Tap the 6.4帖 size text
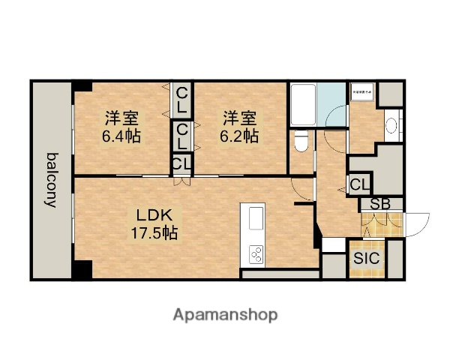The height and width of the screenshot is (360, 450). point(121,136)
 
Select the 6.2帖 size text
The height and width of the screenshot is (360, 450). point(240,136)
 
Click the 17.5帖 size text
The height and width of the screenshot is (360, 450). point(154,232)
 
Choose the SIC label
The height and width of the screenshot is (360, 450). point(367,258)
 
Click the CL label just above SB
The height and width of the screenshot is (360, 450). point(358,184)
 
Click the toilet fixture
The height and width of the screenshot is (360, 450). point(301,139)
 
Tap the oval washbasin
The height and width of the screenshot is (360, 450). point(391,125)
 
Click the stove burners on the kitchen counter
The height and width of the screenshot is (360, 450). point(255,254)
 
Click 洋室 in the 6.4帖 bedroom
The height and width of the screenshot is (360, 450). point(121,118)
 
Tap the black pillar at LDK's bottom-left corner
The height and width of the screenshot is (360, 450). point(82,269)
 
